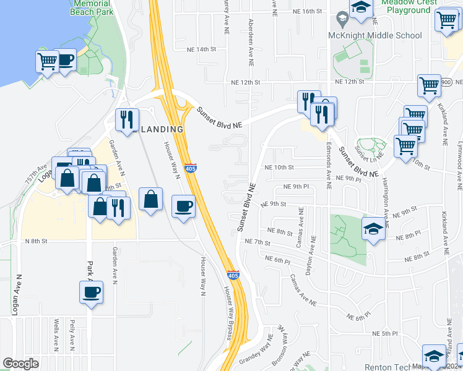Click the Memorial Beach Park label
point(92,7)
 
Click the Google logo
point(21,364)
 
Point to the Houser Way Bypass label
point(228,312)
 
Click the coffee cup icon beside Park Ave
point(92,292)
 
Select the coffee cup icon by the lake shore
point(65,60)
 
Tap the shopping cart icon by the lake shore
point(47,61)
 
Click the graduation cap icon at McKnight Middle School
point(360,7)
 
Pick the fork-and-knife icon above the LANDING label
point(127,118)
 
